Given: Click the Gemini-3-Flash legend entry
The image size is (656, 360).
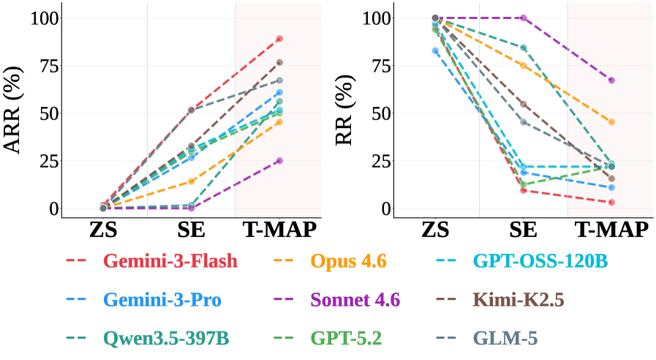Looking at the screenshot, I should point(170,261).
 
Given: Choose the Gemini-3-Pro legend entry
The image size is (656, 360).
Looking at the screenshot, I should point(162,300).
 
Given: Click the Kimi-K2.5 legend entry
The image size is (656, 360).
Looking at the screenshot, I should point(519,300).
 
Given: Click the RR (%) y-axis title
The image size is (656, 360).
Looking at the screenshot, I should point(345,110).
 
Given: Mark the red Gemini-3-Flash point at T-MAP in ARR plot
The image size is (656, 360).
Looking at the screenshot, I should point(279,39).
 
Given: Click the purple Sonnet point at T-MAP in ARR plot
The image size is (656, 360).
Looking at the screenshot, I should point(279,161).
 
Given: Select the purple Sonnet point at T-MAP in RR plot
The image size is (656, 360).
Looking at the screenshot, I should point(611,80).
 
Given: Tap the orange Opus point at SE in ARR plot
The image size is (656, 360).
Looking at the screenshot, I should point(192,181).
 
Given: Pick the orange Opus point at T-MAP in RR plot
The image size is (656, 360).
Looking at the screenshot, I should point(611,122).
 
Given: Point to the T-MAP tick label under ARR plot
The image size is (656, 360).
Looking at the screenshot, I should point(279,230).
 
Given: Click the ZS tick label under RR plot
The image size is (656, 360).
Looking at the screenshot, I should point(435,230).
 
